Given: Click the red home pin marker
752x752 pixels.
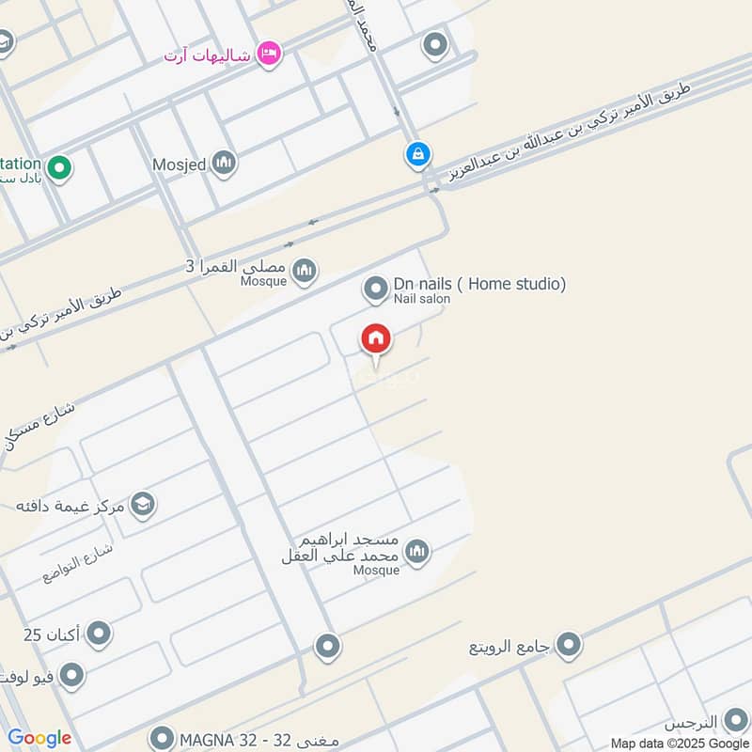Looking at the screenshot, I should point(376,339).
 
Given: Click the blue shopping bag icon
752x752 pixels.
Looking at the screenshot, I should point(418,153).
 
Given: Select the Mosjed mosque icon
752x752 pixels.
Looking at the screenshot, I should point(224,164).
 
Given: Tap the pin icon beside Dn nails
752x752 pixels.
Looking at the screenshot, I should point(376,290).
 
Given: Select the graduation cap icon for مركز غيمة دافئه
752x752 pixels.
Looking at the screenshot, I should point(143,506).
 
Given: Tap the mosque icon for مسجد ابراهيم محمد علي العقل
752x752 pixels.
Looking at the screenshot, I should point(417,552).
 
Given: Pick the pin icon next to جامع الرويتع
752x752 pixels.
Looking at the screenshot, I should point(568,645).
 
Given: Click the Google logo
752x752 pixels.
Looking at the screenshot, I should point(39,739).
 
